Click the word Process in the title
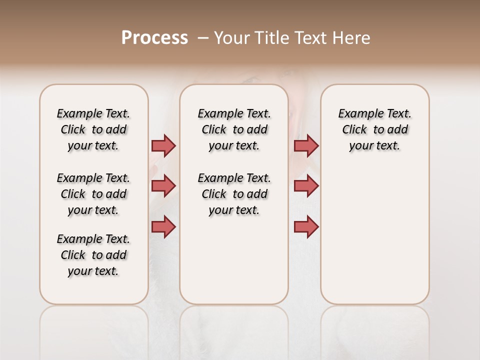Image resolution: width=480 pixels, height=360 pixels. pos(154,38)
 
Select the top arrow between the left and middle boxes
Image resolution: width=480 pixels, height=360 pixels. pos(163,145)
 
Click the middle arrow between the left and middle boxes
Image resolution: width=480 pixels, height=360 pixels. pos(163,186)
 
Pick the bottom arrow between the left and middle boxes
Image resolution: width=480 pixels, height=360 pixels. pos(163,226)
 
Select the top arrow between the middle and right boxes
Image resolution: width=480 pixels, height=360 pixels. pos(306,145)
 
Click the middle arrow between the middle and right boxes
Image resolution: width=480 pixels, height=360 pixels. pos(306,186)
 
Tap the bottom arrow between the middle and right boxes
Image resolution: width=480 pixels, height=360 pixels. pos(306,226)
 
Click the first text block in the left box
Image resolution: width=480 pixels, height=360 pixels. pos(93,129)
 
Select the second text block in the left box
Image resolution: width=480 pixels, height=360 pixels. pos(93,194)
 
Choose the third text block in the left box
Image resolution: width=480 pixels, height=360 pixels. pos(93,255)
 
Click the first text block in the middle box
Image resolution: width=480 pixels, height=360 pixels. pos(234,129)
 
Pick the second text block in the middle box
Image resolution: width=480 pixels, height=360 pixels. pos(234,194)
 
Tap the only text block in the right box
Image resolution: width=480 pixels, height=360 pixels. pos(374,129)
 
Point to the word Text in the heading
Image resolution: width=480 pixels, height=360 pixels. pos(309,38)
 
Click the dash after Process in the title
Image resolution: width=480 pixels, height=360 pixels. pos(202,38)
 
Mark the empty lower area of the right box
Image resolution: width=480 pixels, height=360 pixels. pos(374,240)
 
